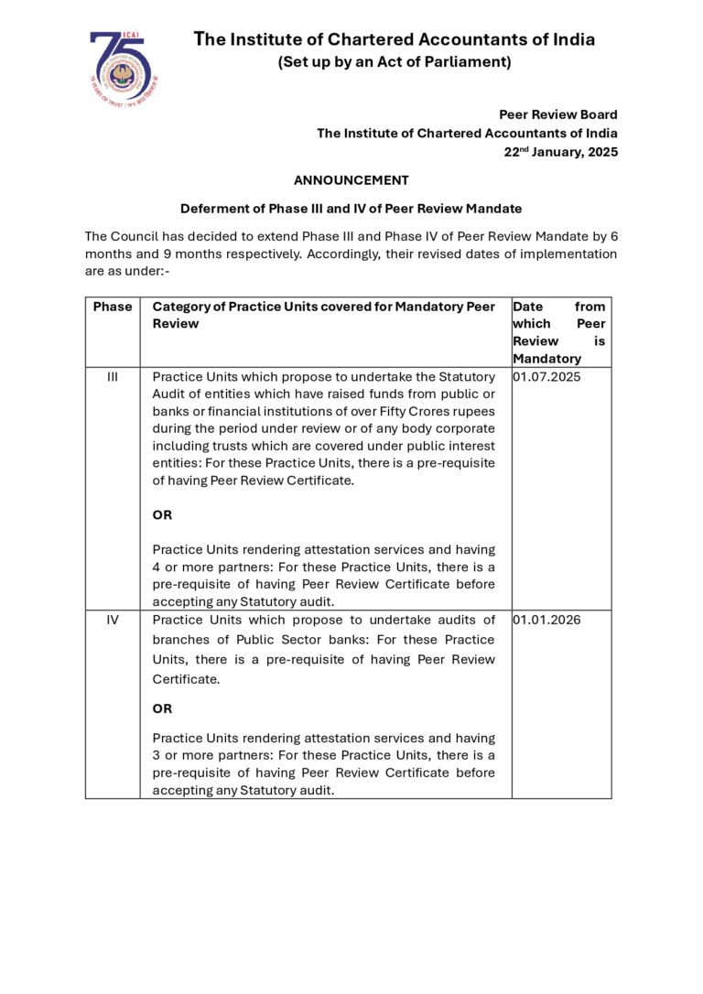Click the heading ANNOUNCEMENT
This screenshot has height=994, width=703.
(351, 180)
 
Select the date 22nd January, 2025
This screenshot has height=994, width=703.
(560, 152)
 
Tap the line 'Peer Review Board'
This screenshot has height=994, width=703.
(557, 114)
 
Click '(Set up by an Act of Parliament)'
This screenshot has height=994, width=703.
(394, 62)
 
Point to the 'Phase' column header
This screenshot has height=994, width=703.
(113, 307)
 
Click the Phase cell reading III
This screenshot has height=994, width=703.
(113, 376)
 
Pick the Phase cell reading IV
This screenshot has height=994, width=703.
(113, 620)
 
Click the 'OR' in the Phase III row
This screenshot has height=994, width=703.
(162, 515)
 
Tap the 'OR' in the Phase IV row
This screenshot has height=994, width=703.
(162, 708)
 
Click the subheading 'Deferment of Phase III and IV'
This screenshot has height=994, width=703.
(351, 209)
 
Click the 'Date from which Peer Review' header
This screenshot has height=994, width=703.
(558, 332)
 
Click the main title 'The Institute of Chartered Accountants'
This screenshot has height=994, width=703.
(395, 39)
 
